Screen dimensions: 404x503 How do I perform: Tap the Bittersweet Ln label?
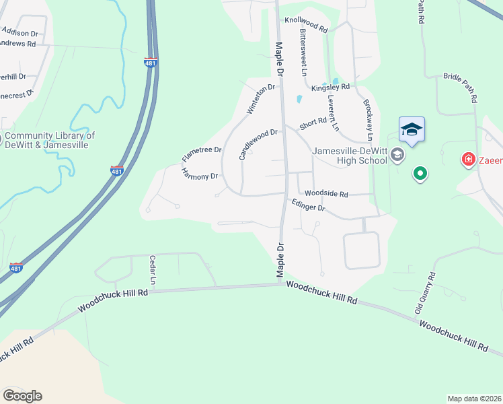[304, 51]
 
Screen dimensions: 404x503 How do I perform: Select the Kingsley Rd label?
[330, 87]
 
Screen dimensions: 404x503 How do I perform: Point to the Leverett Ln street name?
[333, 110]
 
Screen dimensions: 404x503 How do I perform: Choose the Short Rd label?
[313, 123]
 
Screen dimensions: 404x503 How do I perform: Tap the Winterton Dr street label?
[262, 99]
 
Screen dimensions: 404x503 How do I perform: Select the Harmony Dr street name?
[200, 175]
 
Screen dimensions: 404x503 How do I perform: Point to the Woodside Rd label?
[326, 194]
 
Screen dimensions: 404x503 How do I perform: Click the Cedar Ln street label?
[153, 269]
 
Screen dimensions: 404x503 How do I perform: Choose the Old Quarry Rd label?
[426, 294]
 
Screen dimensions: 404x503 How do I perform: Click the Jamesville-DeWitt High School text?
[350, 156]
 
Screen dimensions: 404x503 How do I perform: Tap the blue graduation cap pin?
[412, 130]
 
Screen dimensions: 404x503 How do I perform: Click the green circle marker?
[420, 174]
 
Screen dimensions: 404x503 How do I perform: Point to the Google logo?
[23, 395]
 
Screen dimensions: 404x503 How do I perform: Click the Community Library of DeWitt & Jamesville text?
[50, 139]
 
